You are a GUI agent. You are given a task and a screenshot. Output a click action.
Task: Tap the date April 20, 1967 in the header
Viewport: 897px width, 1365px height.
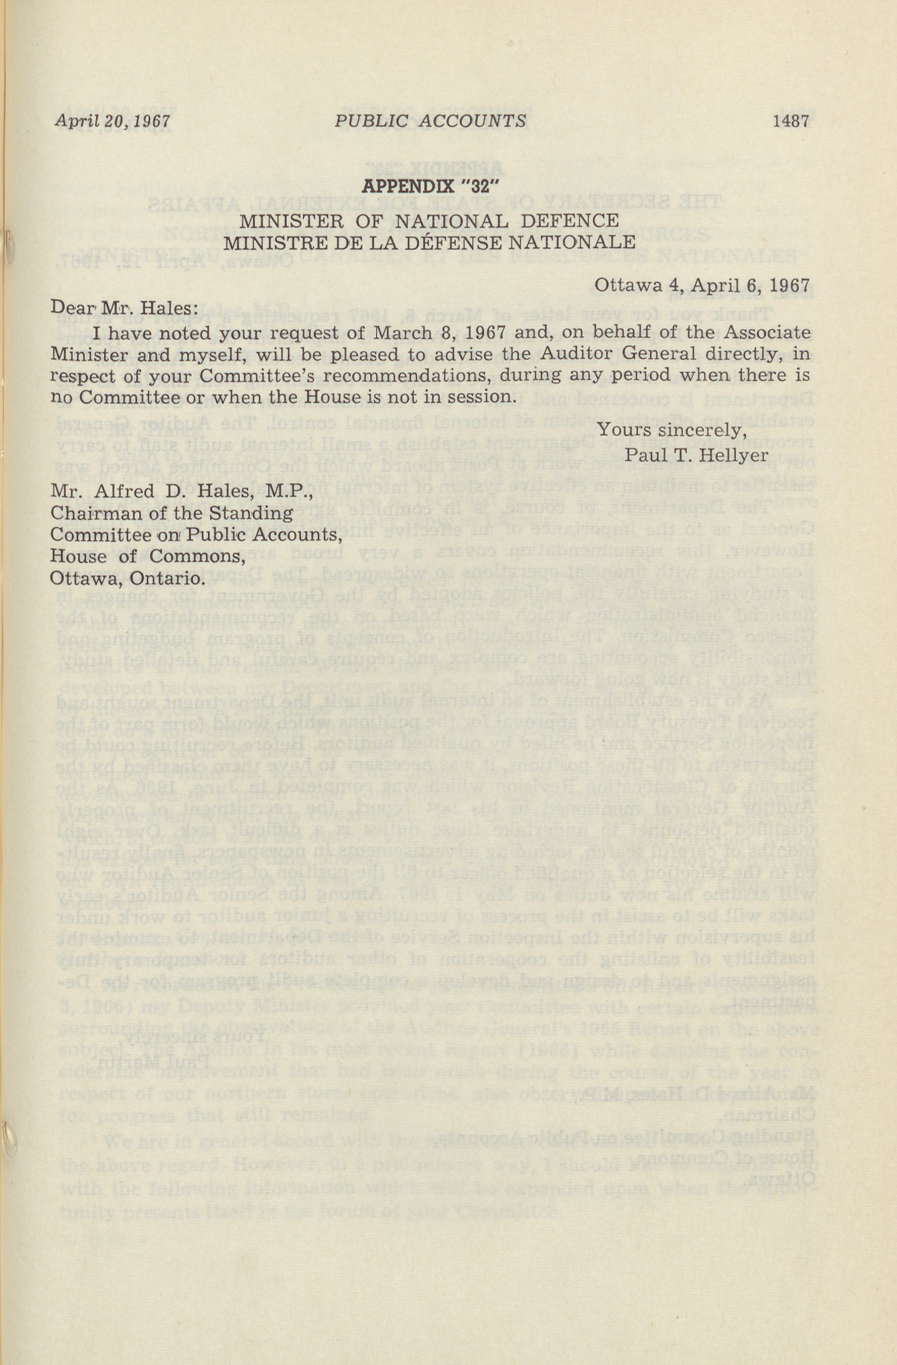[113, 122]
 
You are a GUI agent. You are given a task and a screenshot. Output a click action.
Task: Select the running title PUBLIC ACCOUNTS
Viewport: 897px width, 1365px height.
[430, 122]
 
